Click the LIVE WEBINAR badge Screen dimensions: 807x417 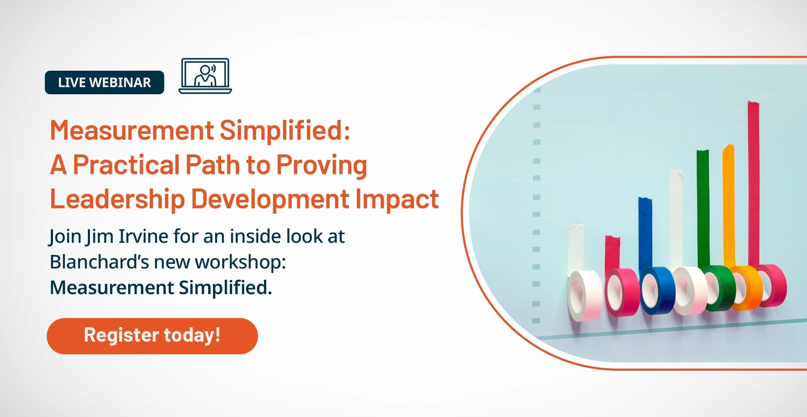pos(104,82)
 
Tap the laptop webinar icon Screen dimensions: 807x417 pos(205,76)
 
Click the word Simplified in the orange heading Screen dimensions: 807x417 pos(285,130)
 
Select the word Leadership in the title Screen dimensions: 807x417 pos(117,199)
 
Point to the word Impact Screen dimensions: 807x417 pos(397,199)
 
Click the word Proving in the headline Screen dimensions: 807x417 pos(322,165)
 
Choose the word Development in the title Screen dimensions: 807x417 pos(270,199)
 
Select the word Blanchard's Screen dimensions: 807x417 pos(99,262)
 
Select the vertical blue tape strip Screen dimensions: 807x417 pos(645,233)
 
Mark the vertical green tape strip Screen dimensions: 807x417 pos(703,208)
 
